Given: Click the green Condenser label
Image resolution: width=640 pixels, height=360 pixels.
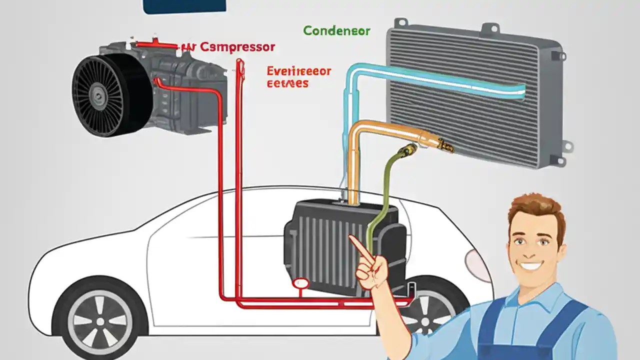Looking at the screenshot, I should pos(336,31).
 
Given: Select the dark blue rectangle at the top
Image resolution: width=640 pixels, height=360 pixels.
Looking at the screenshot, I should pos(184,5).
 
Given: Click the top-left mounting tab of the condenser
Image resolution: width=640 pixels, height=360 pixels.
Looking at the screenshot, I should pos(400,23).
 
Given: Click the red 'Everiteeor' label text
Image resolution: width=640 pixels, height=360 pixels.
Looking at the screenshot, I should pos(298,71).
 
